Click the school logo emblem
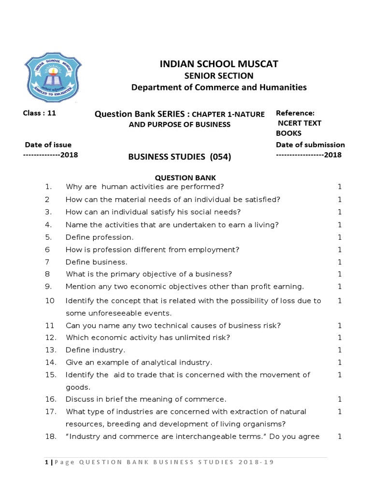[x=53, y=77]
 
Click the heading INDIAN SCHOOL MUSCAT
[x=219, y=64]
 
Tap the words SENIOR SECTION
[x=219, y=76]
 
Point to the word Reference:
[x=295, y=113]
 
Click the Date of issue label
[x=48, y=145]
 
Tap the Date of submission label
[x=310, y=145]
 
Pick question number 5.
[x=48, y=237]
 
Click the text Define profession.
[x=100, y=237]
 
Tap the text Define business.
[x=97, y=262]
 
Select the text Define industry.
[x=95, y=349]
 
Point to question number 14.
[x=51, y=362]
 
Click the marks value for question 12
[x=340, y=337]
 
